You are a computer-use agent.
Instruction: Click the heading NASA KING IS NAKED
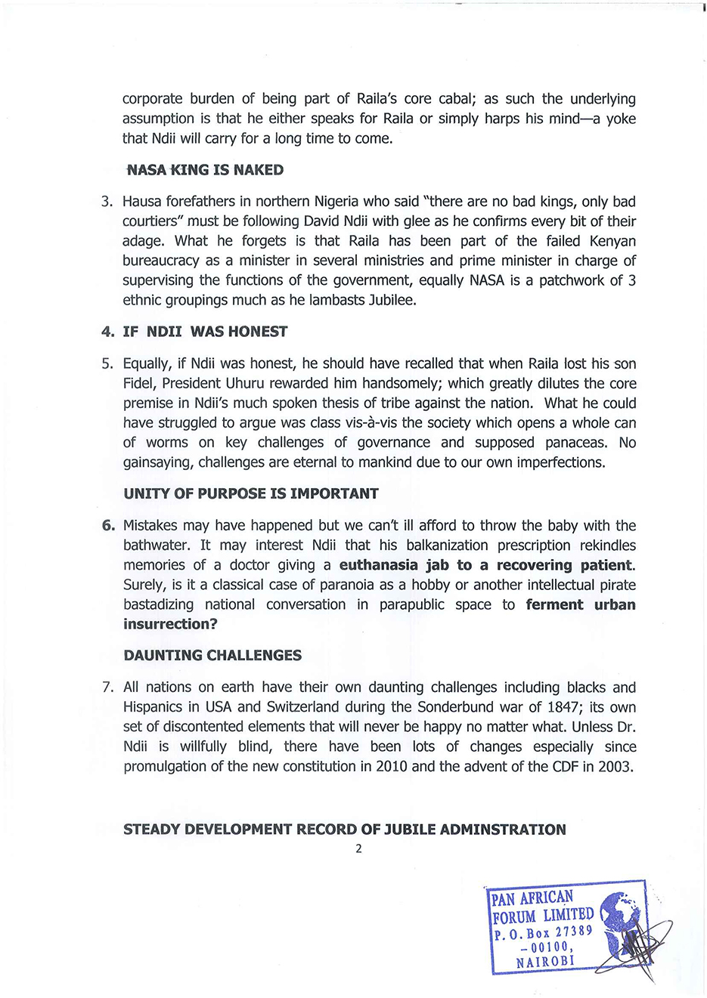coord(205,170)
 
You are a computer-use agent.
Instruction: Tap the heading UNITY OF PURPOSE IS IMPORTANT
coord(250,493)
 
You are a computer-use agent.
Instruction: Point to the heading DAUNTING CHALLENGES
coord(212,655)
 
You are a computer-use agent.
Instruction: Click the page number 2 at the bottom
coord(358,848)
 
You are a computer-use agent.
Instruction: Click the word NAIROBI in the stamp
coord(545,962)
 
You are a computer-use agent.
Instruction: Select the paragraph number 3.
coord(107,202)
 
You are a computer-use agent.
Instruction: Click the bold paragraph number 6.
coord(108,525)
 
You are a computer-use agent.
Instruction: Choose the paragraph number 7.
coord(107,687)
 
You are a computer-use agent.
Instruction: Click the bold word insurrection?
coord(170,624)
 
